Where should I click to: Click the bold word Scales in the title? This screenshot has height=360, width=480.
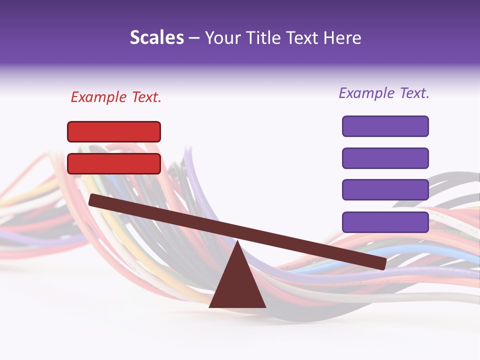pyautogui.click(x=156, y=37)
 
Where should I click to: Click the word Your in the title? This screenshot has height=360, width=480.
pyautogui.click(x=222, y=37)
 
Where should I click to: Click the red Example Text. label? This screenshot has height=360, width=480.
pyautogui.click(x=116, y=97)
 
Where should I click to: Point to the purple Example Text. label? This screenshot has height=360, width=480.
pyautogui.click(x=384, y=93)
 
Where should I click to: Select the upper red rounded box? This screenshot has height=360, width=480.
pyautogui.click(x=114, y=131)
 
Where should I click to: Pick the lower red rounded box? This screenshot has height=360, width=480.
pyautogui.click(x=114, y=163)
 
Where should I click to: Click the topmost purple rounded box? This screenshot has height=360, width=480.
pyautogui.click(x=385, y=126)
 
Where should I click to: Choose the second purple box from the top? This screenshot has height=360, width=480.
pyautogui.click(x=385, y=158)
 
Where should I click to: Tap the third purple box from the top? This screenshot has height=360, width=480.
pyautogui.click(x=385, y=190)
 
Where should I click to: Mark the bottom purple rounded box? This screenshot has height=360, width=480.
pyautogui.click(x=385, y=222)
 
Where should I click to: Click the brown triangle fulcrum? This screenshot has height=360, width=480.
pyautogui.click(x=237, y=285)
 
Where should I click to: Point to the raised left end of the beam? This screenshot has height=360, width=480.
pyautogui.click(x=93, y=199)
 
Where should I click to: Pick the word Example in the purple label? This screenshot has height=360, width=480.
pyautogui.click(x=366, y=93)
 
